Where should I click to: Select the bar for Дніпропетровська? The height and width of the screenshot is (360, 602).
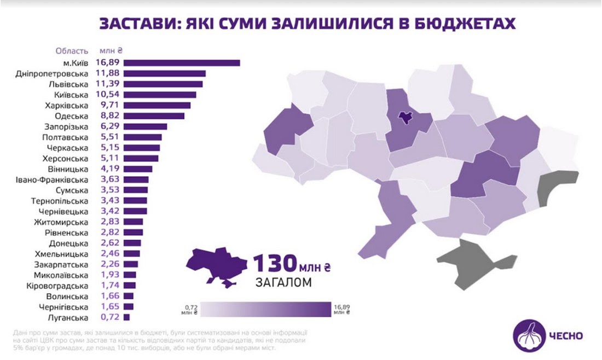pos(165,73)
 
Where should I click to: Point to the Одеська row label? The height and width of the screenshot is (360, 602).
pos(72,116)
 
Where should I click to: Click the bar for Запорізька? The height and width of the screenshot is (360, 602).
pos(145,126)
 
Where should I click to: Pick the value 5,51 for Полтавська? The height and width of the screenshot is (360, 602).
pos(110,137)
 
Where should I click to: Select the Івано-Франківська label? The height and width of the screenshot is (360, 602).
pos(52,180)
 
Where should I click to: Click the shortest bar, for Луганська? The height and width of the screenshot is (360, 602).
pos(127,317)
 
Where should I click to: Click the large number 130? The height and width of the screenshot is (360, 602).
pos(273,265)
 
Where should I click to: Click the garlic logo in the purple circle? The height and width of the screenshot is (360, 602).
pos(529,335)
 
